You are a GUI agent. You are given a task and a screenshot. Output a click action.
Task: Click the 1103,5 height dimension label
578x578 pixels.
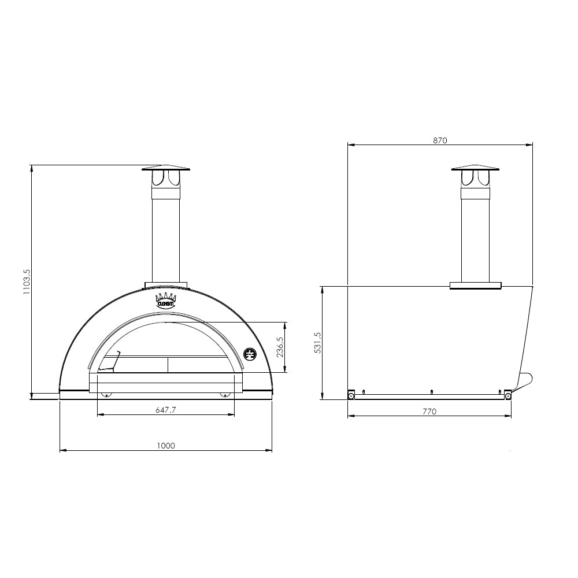pyautogui.click(x=25, y=283)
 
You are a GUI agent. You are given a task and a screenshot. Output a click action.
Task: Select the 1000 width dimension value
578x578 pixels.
pyautogui.click(x=165, y=445)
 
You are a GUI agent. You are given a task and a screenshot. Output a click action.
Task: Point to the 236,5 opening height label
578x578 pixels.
pyautogui.click(x=280, y=347)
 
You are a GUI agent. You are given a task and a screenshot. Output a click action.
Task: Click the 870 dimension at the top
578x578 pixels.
pyautogui.click(x=440, y=140)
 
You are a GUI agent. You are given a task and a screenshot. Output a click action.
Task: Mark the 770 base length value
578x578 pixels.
pyautogui.click(x=429, y=412)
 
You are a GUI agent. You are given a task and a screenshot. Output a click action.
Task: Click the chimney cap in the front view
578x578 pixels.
pyautogui.click(x=165, y=169)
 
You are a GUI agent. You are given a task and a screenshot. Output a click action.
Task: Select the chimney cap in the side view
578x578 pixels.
pyautogui.click(x=475, y=168)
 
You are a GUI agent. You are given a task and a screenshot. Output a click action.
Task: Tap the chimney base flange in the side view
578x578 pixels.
pyautogui.click(x=475, y=285)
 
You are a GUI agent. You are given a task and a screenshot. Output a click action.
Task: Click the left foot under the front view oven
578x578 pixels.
pyautogui.click(x=106, y=395)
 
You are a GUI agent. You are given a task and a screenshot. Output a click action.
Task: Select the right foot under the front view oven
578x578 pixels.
pyautogui.click(x=225, y=395)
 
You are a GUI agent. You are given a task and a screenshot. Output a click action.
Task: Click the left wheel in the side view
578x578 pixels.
pyautogui.click(x=351, y=395)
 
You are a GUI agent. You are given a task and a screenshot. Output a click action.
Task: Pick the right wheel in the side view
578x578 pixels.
pyautogui.click(x=507, y=395)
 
